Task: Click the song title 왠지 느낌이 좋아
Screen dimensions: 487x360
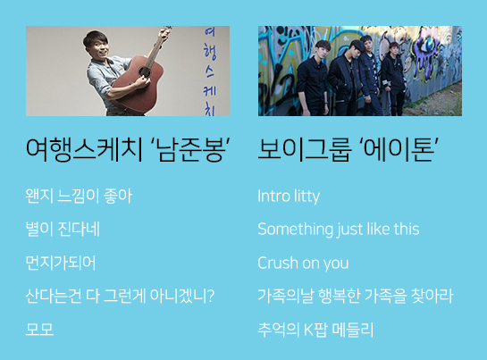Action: click(79, 196)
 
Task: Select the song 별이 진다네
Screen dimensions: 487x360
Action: click(63, 229)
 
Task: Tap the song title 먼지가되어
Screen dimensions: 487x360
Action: click(61, 263)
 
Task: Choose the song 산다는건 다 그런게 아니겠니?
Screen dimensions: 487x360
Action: click(120, 296)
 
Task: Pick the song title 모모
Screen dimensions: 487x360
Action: click(39, 330)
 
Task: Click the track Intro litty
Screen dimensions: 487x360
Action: click(289, 197)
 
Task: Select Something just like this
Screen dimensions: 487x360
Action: click(339, 230)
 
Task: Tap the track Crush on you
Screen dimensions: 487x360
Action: click(303, 264)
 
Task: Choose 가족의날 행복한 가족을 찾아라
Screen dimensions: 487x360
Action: click(356, 296)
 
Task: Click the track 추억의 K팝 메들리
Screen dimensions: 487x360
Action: click(315, 330)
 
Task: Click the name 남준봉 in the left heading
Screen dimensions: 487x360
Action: click(190, 149)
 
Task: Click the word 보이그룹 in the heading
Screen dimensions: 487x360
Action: click(305, 149)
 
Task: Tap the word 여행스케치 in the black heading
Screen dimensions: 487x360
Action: click(85, 149)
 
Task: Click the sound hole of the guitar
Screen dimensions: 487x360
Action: click(145, 72)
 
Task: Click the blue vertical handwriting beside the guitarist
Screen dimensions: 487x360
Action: click(210, 71)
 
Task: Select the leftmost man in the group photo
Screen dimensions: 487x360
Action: click(312, 78)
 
